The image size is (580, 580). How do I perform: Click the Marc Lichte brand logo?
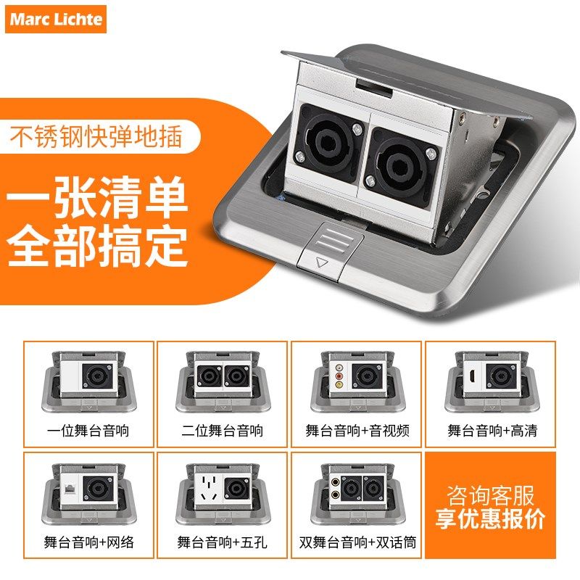[56, 20]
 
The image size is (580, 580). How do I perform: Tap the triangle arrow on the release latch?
[322, 263]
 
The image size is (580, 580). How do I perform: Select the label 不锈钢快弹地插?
[96, 136]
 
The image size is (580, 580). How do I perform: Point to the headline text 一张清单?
[97, 196]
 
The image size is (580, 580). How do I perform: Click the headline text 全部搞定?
[97, 244]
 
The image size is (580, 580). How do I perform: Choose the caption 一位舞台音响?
[88, 431]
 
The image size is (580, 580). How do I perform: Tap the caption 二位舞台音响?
[222, 431]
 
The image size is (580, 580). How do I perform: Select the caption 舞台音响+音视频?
[357, 431]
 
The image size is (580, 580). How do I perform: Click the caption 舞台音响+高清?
[492, 431]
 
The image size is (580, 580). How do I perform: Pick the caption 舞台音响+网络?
[88, 542]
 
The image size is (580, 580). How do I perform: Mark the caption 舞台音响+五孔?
[222, 542]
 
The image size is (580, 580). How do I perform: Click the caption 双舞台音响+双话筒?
[357, 542]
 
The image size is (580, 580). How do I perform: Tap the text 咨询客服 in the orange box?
[490, 495]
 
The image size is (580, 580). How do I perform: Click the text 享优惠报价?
[490, 519]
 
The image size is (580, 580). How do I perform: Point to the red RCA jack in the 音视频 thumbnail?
[339, 376]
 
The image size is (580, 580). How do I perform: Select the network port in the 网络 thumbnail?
[70, 488]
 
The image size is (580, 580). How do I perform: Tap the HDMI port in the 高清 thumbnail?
[473, 376]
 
